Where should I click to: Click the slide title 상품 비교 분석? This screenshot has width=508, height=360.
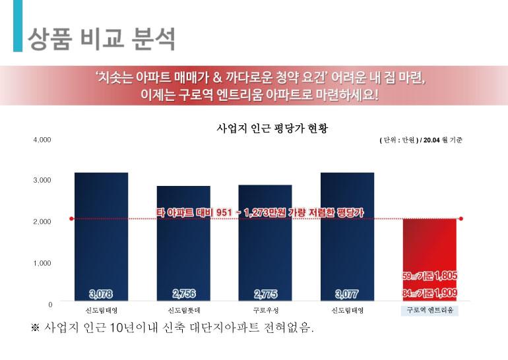(101, 39)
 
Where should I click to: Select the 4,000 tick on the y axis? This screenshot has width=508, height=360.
(42, 140)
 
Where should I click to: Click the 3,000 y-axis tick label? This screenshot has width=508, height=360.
(42, 181)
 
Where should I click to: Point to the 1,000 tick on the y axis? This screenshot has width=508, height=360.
(42, 263)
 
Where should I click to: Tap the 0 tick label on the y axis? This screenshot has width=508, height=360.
(49, 305)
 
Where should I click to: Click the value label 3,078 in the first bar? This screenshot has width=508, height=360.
(101, 294)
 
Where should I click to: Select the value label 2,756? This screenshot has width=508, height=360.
(183, 294)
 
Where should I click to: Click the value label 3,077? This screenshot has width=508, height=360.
(347, 294)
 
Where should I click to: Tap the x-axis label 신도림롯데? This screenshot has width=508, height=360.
(183, 310)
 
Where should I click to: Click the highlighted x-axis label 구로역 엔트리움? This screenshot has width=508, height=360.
(429, 310)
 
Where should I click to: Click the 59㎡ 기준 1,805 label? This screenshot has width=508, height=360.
(429, 276)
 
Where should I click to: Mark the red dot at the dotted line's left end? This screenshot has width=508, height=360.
(71, 218)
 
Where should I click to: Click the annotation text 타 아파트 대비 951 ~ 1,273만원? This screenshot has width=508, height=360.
(260, 213)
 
